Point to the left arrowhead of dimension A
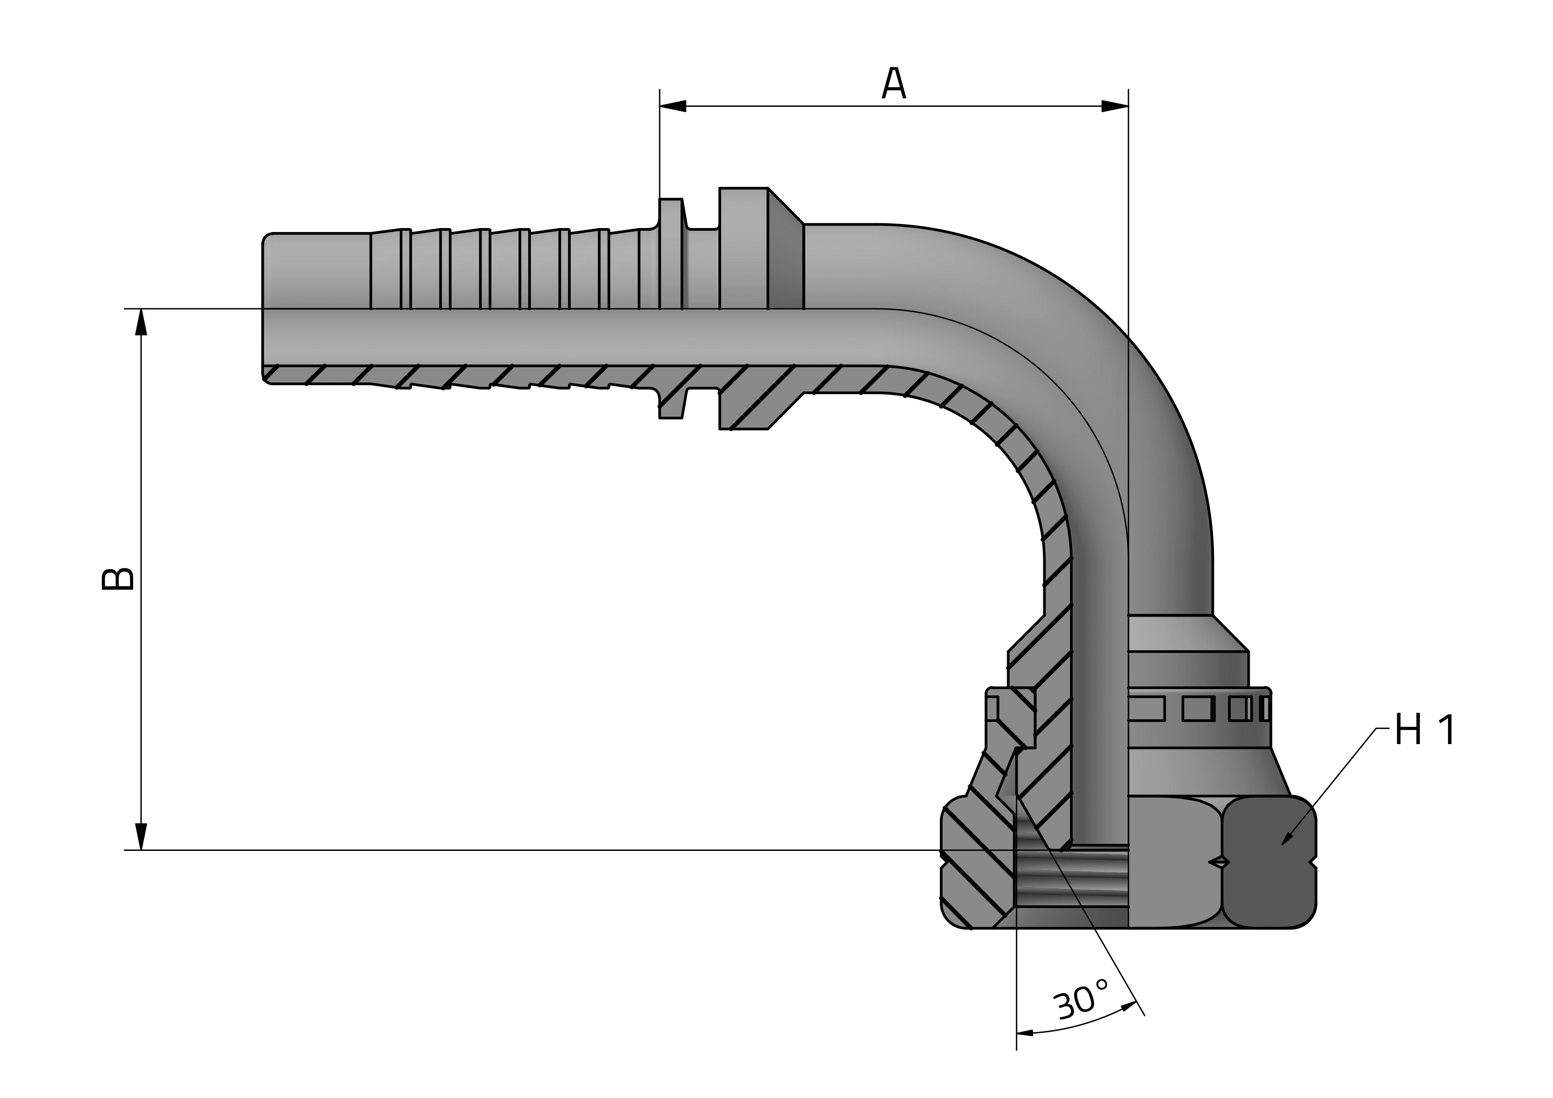point(673,106)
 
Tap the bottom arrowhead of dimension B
point(141,837)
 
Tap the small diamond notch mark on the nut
point(1219,862)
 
